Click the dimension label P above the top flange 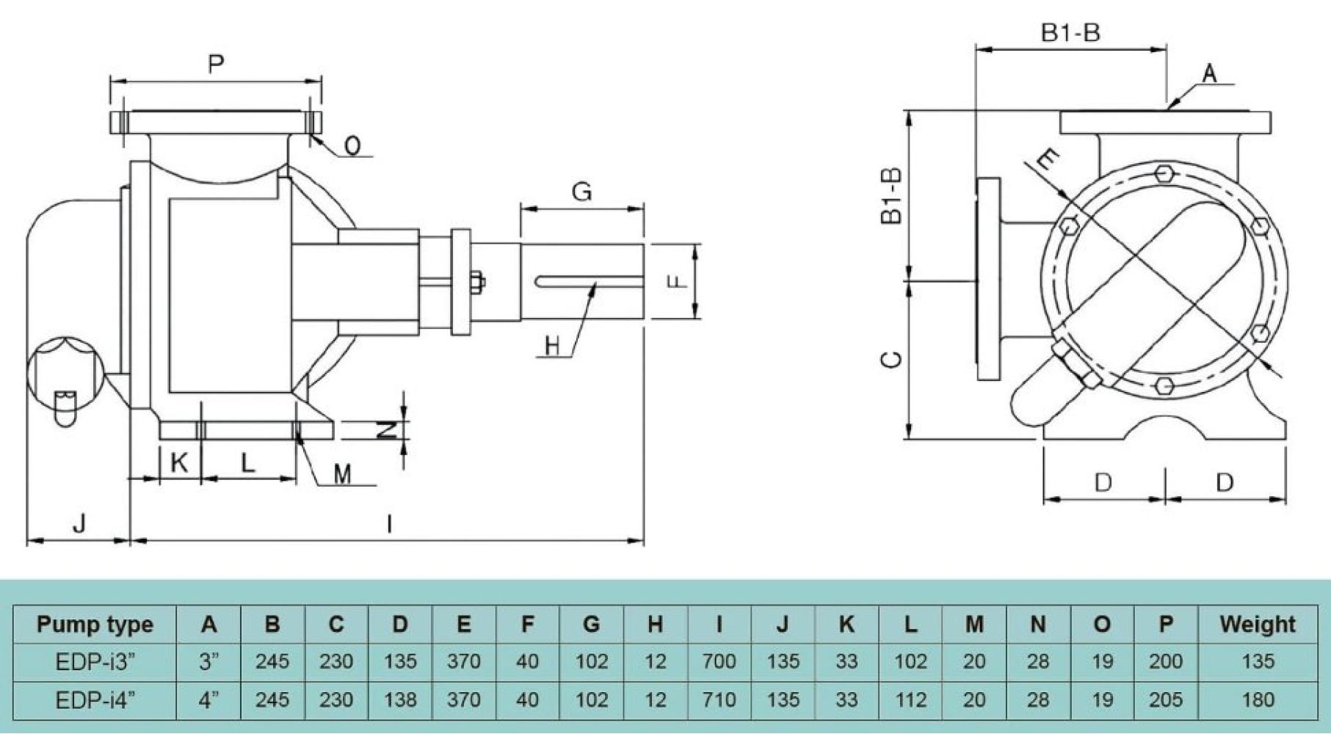pyautogui.click(x=215, y=64)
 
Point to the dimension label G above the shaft pyautogui.click(x=581, y=192)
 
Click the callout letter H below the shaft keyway pyautogui.click(x=552, y=345)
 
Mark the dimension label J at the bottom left pyautogui.click(x=79, y=523)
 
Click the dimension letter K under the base pyautogui.click(x=178, y=462)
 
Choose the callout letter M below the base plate pyautogui.click(x=342, y=474)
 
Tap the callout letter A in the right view pyautogui.click(x=1208, y=73)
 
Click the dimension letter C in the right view pyautogui.click(x=891, y=359)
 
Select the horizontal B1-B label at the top pyautogui.click(x=1070, y=32)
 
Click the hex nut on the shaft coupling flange pyautogui.click(x=476, y=283)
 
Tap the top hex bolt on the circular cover pyautogui.click(x=1164, y=173)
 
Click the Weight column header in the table pyautogui.click(x=1257, y=624)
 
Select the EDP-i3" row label pyautogui.click(x=95, y=662)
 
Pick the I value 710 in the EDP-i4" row pyautogui.click(x=718, y=700)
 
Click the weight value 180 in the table pyautogui.click(x=1257, y=700)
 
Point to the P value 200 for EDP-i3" pyautogui.click(x=1165, y=662)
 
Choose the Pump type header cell pyautogui.click(x=95, y=624)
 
